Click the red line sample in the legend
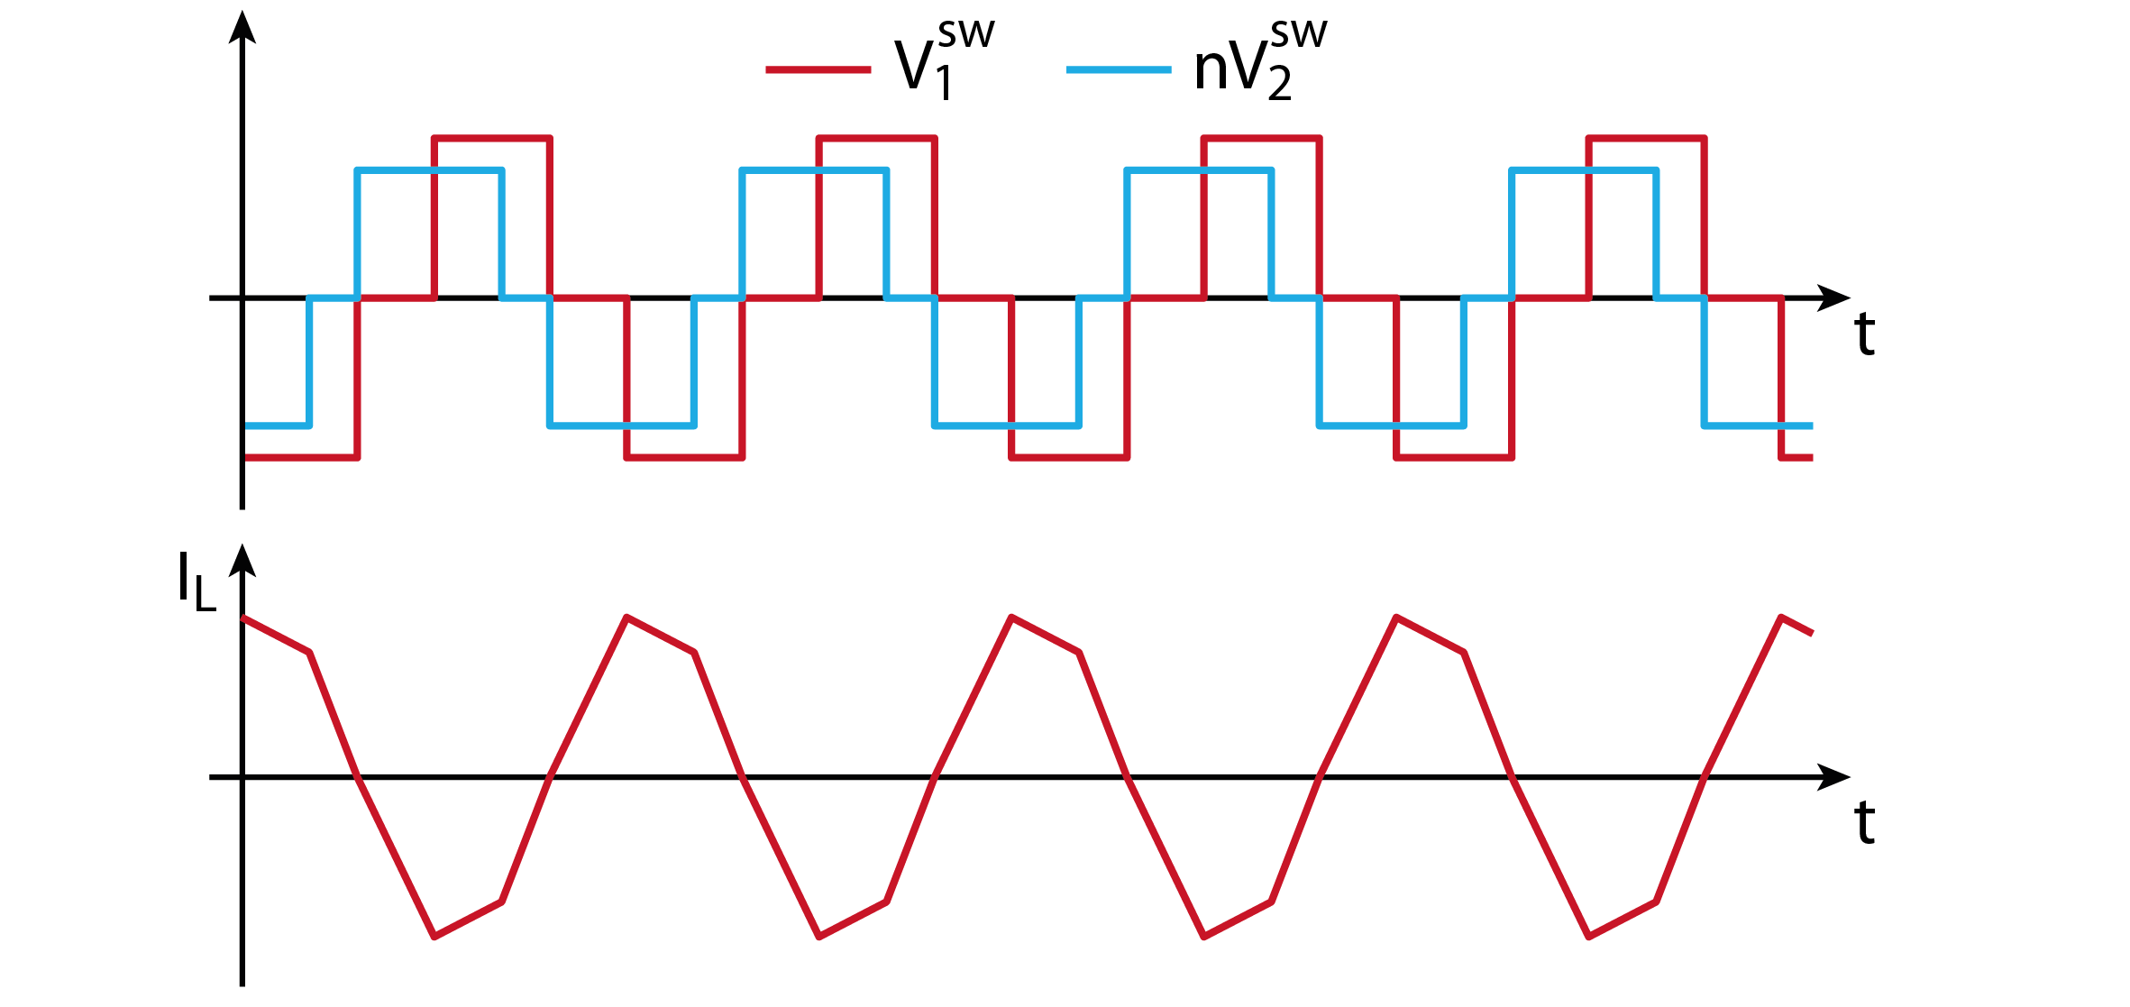point(818,69)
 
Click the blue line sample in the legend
point(1119,69)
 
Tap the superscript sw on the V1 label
point(966,35)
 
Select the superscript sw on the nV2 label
point(1299,35)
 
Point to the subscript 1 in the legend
point(944,84)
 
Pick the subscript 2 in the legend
point(1280,84)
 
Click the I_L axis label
point(197,581)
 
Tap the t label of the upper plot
point(1865,334)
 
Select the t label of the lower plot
point(1865,823)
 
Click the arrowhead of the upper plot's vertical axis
point(242,26)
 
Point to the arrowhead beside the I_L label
point(242,560)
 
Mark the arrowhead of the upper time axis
point(1833,298)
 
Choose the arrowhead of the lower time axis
point(1833,777)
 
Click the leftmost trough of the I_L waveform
point(434,938)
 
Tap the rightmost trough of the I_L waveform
point(1588,938)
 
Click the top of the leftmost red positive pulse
point(492,138)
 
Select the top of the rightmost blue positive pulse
point(1584,169)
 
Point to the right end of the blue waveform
point(1812,426)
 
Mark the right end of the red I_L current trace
point(1812,634)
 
